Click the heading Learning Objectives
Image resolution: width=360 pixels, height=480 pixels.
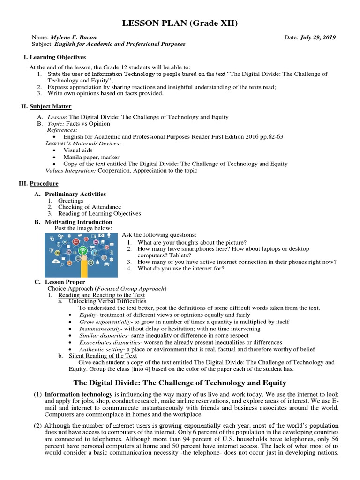[58, 57]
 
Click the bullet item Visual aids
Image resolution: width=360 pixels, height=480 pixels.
[78, 150]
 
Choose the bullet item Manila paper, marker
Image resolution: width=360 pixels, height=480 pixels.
[91, 157]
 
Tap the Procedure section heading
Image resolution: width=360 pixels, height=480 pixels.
[44, 183]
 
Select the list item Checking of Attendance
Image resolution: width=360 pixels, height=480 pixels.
[90, 207]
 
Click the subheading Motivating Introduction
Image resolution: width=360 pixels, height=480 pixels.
[78, 222]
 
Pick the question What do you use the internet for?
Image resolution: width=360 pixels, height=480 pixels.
[181, 269]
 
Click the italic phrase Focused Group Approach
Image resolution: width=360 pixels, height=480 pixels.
[131, 288]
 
